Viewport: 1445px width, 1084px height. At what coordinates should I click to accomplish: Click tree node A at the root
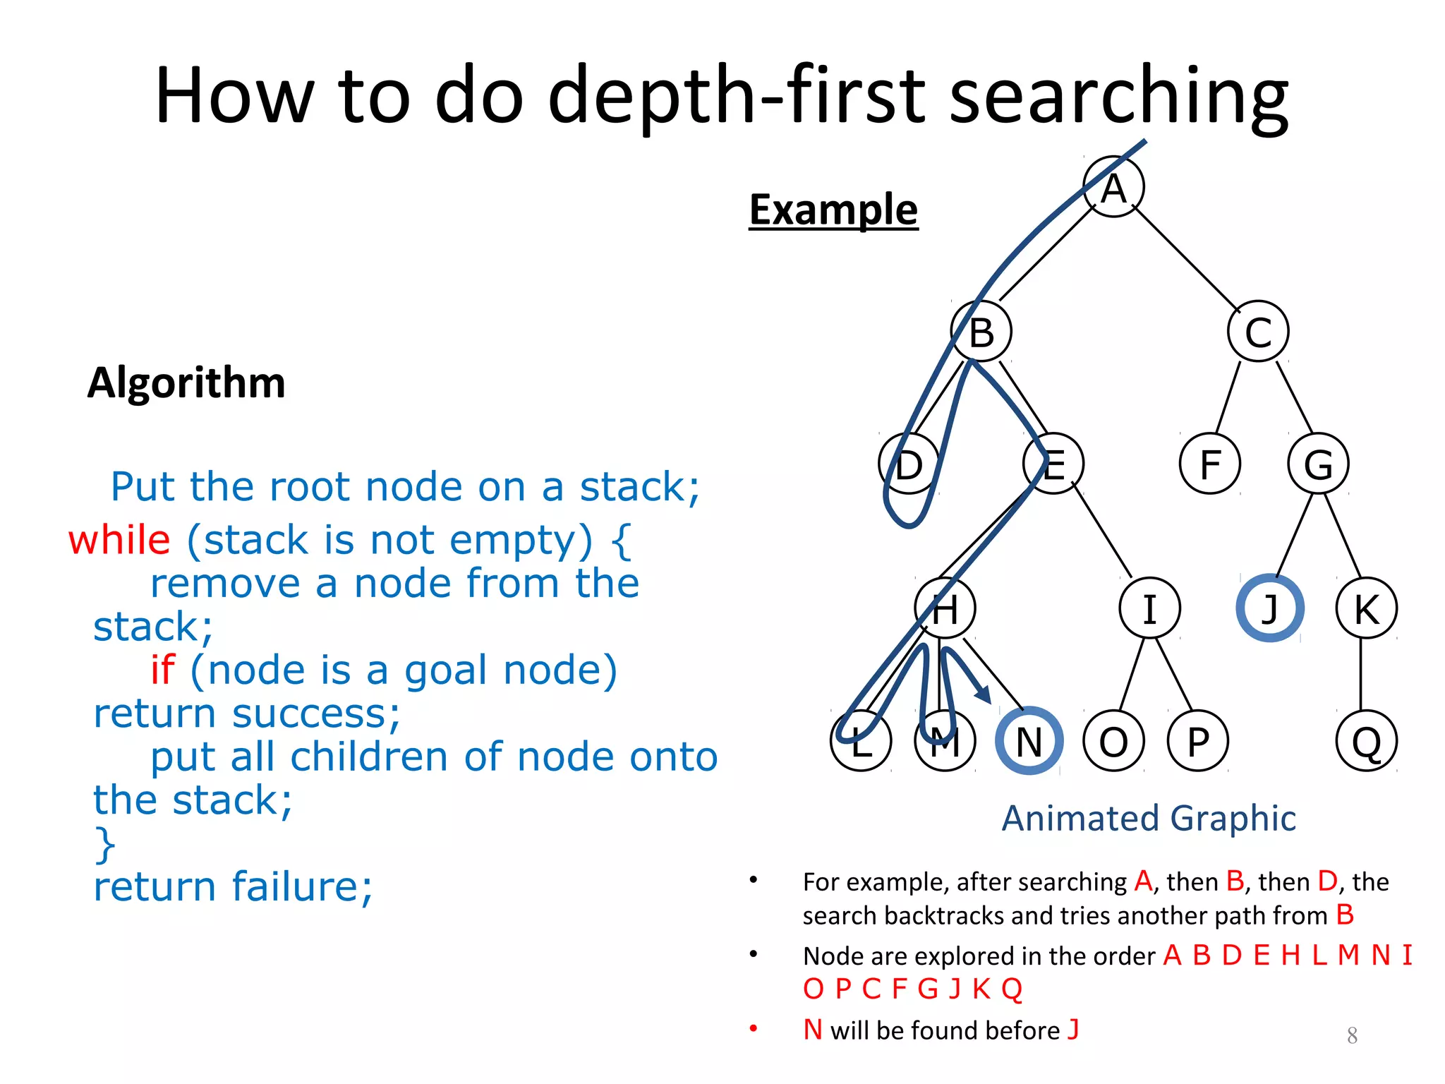tap(1113, 187)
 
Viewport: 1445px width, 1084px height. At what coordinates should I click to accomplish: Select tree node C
tap(1258, 332)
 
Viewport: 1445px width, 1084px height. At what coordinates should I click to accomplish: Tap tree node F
tap(1210, 464)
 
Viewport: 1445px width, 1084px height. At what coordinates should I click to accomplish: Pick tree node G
tap(1318, 464)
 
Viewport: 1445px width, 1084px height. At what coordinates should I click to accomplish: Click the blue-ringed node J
tap(1269, 608)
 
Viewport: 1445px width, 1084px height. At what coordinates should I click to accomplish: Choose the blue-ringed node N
tap(1029, 741)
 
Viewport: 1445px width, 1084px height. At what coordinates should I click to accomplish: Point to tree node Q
tap(1366, 741)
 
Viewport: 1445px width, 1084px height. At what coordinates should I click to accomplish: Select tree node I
tap(1149, 608)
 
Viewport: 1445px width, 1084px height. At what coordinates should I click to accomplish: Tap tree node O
tap(1113, 741)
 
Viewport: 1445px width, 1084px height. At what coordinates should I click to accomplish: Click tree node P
tap(1197, 741)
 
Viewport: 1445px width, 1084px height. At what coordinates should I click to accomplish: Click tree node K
tap(1366, 608)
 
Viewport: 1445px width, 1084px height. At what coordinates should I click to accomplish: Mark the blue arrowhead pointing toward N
tap(984, 694)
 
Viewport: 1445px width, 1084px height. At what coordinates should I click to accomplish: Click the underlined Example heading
tap(833, 210)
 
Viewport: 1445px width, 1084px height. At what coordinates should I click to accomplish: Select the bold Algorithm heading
tap(186, 383)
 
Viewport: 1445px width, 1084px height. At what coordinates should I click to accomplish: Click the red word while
tap(119, 541)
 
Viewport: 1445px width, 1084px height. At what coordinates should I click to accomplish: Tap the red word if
tap(162, 670)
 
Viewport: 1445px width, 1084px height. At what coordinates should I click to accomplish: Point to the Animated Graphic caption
tap(1149, 819)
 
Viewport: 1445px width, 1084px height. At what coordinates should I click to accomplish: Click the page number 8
tap(1352, 1035)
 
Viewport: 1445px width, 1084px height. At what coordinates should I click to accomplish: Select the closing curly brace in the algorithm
tap(105, 845)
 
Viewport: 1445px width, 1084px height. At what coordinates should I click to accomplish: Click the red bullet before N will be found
tap(754, 1028)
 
